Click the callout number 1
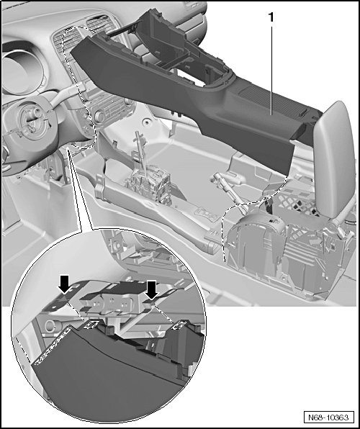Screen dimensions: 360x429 pos(271,17)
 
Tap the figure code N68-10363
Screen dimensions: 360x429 pos(328,417)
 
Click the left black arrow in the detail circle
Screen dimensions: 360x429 pos(65,284)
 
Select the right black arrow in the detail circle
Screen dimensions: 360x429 pos(152,289)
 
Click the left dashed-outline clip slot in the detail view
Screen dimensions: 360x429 pos(91,325)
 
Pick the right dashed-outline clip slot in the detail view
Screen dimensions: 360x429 pos(179,325)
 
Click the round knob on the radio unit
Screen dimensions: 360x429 pos(99,117)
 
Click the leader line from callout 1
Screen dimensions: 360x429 pos(271,70)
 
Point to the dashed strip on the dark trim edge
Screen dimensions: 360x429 pos(53,346)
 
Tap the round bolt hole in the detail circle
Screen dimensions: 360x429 pos(50,326)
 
